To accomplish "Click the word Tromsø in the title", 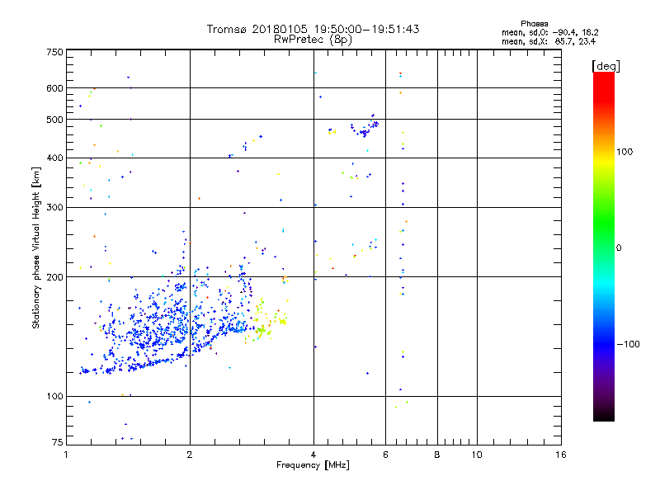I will [x=227, y=29].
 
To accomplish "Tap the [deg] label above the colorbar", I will [x=606, y=65].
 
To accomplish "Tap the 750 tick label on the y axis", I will [x=54, y=52].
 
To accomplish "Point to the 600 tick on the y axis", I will [x=54, y=87].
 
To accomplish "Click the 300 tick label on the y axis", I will [x=54, y=207].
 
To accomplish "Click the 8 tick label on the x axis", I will [x=437, y=455].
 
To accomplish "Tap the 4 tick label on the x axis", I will [x=313, y=455].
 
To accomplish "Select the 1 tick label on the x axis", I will [x=66, y=455].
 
